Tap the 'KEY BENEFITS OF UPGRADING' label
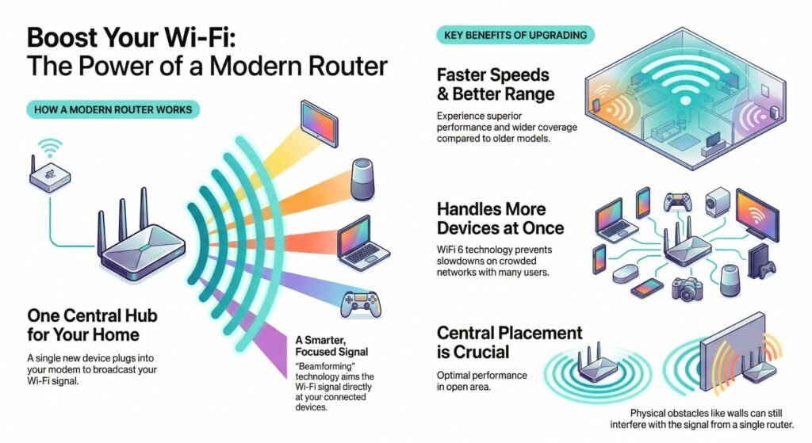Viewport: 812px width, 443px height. [x=515, y=35]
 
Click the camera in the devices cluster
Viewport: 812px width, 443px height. [x=688, y=287]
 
